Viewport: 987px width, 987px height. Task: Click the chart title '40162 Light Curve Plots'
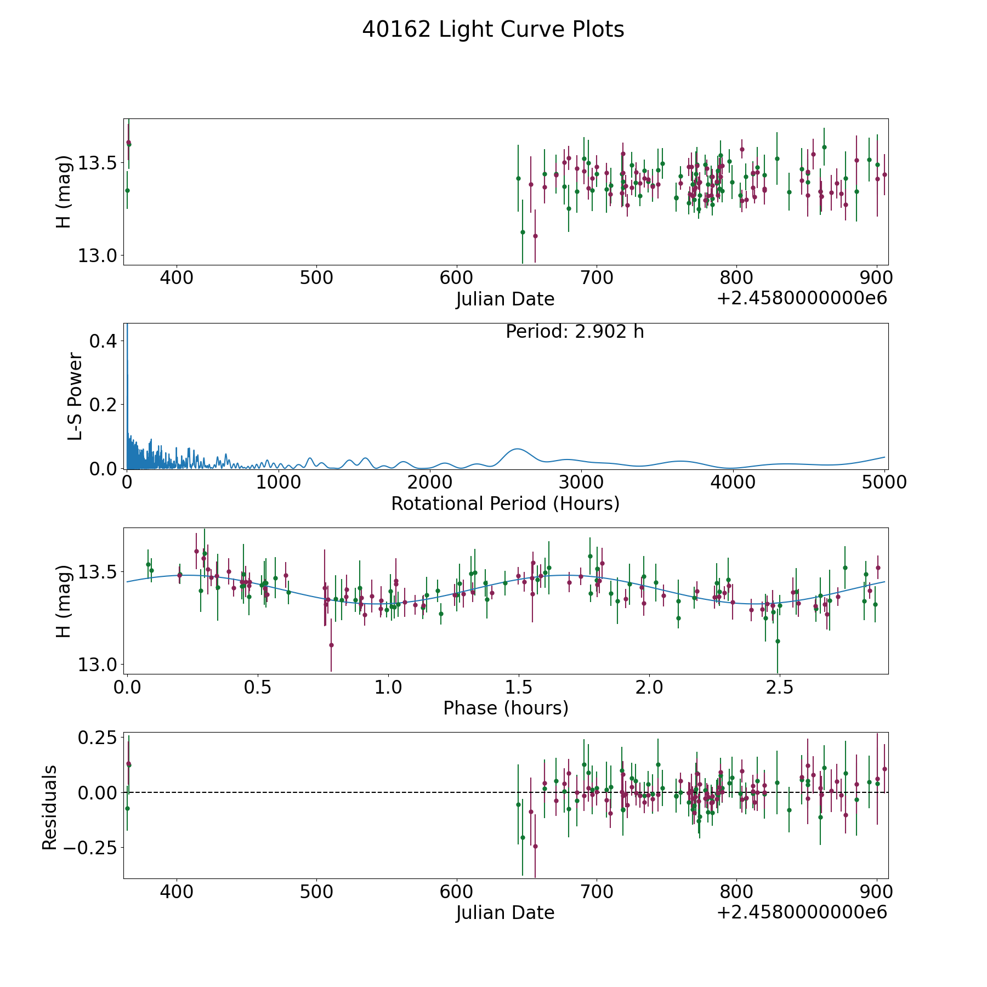493,30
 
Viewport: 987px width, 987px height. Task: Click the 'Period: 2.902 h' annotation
575,332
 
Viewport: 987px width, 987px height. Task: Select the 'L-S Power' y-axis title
75,396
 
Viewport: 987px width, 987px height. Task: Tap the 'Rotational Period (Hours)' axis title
505,503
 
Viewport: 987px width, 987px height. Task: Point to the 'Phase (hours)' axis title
506,708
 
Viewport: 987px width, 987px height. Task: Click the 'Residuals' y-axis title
49,808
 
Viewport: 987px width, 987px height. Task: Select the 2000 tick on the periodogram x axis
430,482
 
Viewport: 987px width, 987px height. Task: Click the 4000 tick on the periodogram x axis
733,482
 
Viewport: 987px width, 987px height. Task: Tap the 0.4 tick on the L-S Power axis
103,341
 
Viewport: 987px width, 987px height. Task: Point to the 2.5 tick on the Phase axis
780,687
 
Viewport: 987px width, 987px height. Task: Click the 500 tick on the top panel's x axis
317,277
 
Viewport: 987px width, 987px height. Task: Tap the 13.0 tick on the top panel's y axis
97,256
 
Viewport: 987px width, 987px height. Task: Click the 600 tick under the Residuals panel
457,892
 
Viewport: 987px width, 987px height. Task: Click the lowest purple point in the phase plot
331,645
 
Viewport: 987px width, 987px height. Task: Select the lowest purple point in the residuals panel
535,846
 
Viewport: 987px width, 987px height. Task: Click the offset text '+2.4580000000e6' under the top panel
802,298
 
